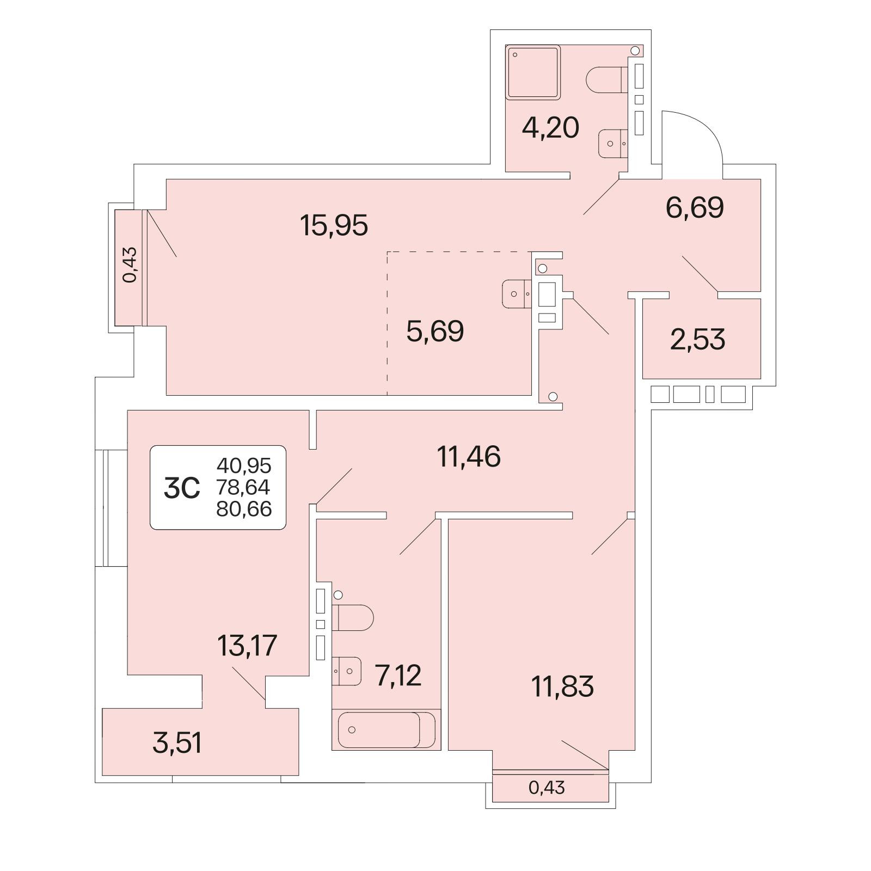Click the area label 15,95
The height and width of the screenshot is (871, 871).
tap(334, 225)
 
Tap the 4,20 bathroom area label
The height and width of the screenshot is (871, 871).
tap(550, 128)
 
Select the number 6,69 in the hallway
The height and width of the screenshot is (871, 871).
tap(695, 207)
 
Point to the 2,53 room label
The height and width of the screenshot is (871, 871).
tap(697, 340)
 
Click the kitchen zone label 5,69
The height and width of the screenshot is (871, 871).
tap(435, 331)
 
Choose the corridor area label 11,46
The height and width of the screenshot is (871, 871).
tap(469, 456)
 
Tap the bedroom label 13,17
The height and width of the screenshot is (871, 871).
tap(247, 646)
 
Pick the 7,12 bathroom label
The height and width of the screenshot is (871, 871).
tap(398, 676)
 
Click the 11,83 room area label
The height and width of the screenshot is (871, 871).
tap(562, 686)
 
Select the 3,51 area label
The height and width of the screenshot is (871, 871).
tap(177, 743)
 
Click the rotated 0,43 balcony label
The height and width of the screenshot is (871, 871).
tap(130, 265)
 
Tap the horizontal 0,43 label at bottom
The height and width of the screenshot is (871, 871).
tap(547, 787)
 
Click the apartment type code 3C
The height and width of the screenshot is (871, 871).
tap(182, 488)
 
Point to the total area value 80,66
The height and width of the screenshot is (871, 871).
tap(244, 509)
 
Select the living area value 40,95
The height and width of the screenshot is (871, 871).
tap(244, 466)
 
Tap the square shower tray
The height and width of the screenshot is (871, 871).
tap(533, 72)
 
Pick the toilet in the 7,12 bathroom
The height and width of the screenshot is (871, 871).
tap(353, 617)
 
